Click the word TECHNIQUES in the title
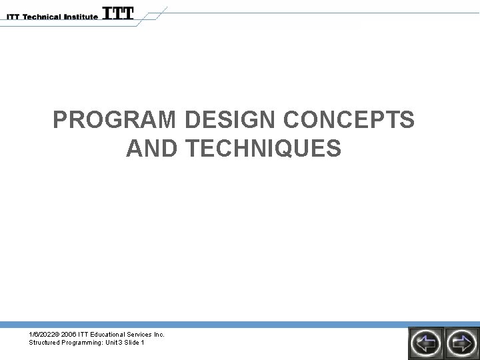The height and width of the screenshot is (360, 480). pos(261,149)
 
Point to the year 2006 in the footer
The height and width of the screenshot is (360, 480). pos(71,334)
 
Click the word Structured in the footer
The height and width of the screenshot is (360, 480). pos(43,342)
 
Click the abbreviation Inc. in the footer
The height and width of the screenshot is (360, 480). pos(160,334)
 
